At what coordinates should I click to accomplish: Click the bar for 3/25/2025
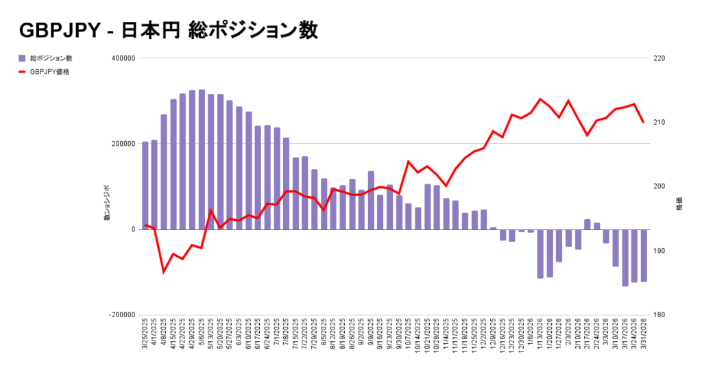click(x=145, y=186)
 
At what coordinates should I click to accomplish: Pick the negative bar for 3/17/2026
click(x=625, y=258)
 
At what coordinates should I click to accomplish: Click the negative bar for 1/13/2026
click(x=540, y=253)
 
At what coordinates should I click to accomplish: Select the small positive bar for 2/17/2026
click(x=588, y=225)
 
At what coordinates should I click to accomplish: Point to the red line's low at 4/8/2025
click(x=164, y=272)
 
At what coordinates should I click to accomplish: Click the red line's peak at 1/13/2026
click(x=540, y=99)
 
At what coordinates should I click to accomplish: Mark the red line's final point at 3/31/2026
click(x=644, y=122)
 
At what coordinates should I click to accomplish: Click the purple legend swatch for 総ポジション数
click(x=22, y=58)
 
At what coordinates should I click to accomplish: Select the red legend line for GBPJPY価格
click(x=22, y=71)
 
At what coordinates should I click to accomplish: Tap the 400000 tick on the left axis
click(x=122, y=58)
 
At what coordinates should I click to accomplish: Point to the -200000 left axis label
click(x=121, y=315)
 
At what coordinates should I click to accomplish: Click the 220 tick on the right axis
click(x=659, y=58)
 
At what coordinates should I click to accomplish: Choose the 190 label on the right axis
click(x=659, y=251)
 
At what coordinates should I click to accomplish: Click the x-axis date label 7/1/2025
click(x=277, y=334)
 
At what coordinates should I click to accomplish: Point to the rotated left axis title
click(x=106, y=203)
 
